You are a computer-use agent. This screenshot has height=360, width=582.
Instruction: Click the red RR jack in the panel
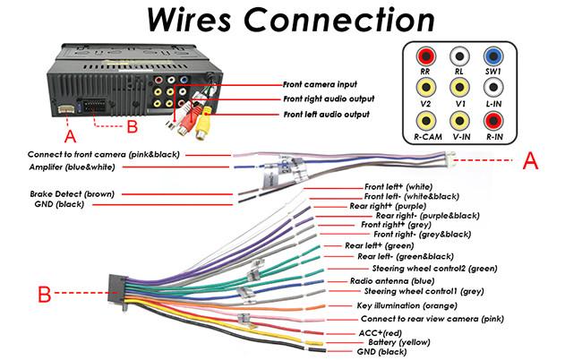pos(425,56)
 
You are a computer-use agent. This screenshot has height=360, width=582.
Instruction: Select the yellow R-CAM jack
pos(425,120)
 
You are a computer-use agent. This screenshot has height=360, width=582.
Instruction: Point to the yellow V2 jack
pos(425,87)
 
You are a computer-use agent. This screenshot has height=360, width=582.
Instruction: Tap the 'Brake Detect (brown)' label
pos(72,193)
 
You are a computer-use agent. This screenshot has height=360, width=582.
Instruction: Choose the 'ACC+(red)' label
pos(380,332)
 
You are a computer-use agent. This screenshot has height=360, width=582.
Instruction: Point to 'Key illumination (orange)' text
pos(407,305)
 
